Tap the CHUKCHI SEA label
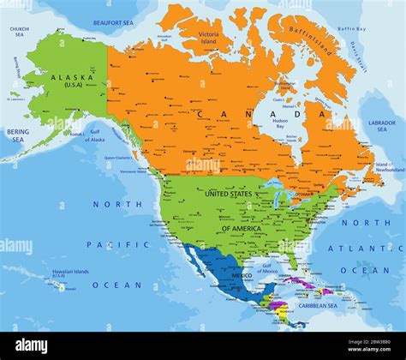(19, 32)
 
